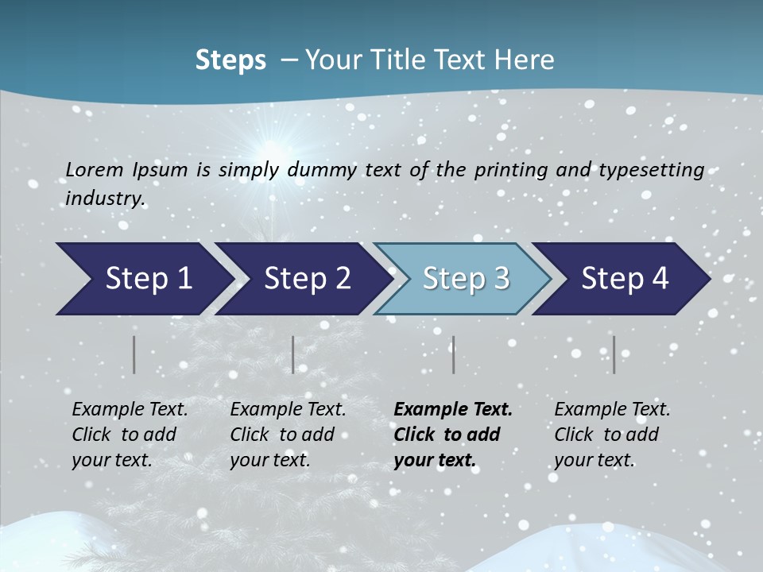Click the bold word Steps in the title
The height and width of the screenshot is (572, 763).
[x=230, y=60]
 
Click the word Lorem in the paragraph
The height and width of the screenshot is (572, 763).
[x=94, y=170]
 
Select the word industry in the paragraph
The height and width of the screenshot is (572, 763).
[x=105, y=199]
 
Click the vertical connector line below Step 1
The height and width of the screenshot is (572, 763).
[x=134, y=354]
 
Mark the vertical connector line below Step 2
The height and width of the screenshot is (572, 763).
[x=293, y=354]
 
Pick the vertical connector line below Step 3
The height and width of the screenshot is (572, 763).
[x=453, y=354]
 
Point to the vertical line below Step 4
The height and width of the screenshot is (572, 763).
[x=614, y=354]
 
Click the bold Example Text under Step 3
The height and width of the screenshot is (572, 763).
[x=453, y=410]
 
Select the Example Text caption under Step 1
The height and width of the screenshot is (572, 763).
[x=130, y=410]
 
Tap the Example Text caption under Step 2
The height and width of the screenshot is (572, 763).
[x=288, y=410]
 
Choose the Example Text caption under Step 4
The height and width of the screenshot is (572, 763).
[x=612, y=410]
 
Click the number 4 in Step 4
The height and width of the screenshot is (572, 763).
[x=659, y=279]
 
